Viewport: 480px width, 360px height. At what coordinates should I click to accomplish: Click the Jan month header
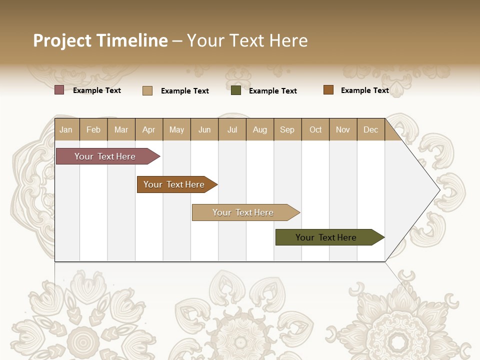pos(66,129)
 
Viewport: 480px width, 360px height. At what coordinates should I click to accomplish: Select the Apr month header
pos(149,129)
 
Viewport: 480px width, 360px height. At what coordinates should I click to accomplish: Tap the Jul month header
pos(232,129)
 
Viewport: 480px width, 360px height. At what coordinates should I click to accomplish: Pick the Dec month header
pos(370,129)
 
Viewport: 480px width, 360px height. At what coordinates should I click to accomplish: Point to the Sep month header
pos(287,129)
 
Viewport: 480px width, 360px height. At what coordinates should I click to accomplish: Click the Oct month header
pos(315,129)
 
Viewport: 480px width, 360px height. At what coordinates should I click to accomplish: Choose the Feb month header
pos(93,129)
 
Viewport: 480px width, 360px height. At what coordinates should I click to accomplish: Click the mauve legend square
pos(59,90)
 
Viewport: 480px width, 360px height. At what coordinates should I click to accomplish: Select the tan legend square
pos(147,90)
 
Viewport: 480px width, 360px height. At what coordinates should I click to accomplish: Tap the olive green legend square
pos(236,90)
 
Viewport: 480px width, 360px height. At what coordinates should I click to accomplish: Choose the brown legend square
pos(328,90)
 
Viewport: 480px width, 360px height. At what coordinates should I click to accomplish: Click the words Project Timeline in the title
pos(100,40)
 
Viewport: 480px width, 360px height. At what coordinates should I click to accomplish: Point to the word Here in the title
pos(288,40)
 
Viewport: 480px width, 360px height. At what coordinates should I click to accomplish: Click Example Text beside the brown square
pos(364,90)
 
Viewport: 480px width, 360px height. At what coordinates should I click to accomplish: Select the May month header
pos(176,129)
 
